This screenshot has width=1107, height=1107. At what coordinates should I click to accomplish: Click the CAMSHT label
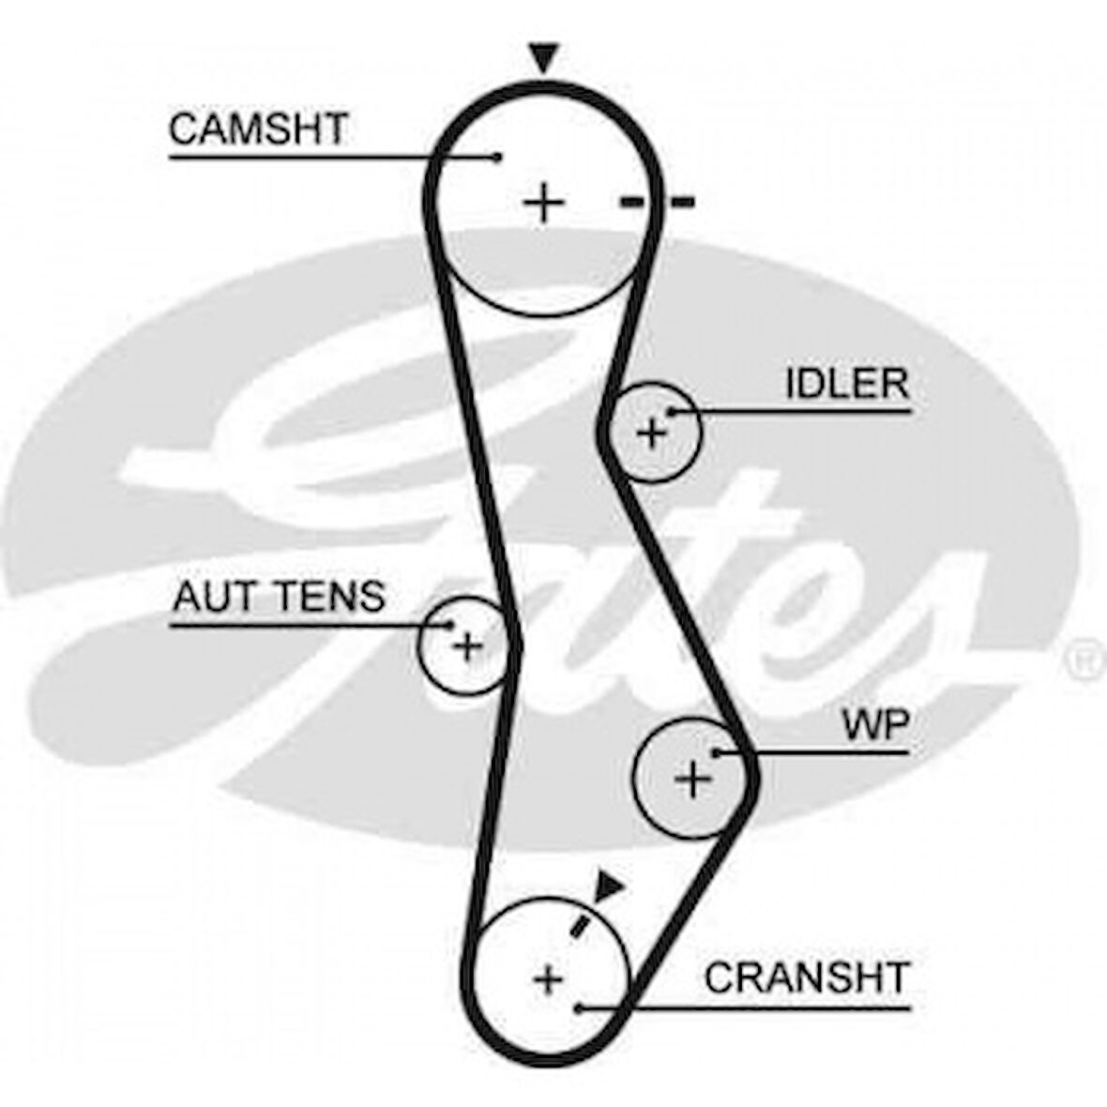pos(258,129)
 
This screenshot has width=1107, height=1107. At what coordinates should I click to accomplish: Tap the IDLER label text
pos(847,384)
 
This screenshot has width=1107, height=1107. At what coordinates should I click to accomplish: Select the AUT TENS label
pos(279,596)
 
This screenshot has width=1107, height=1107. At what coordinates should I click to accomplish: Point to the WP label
pos(875,724)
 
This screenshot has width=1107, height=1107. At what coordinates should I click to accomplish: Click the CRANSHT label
pos(807,978)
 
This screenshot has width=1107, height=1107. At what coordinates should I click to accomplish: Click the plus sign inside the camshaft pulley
pos(542,202)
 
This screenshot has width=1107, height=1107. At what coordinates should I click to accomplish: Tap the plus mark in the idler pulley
pos(650,433)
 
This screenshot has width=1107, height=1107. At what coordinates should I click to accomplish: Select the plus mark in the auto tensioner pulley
pos(466,646)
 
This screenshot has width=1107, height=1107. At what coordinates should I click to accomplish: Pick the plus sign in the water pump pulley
pos(692,778)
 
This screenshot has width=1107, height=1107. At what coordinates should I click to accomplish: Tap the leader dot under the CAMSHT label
pos(497,157)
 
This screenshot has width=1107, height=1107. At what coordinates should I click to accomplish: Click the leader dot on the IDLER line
pos(671,411)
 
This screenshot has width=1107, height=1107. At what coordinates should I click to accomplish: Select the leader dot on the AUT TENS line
pos(451,624)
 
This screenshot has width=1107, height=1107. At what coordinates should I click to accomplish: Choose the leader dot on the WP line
pos(716,752)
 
